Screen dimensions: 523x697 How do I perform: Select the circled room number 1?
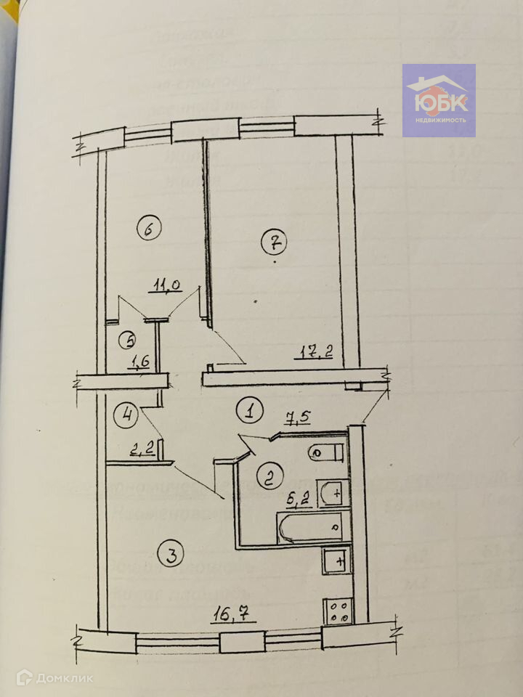point(249,412)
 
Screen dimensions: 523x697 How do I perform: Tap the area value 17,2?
point(318,355)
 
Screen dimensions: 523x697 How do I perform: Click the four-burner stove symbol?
point(338,610)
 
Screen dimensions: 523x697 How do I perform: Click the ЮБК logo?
point(439,100)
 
